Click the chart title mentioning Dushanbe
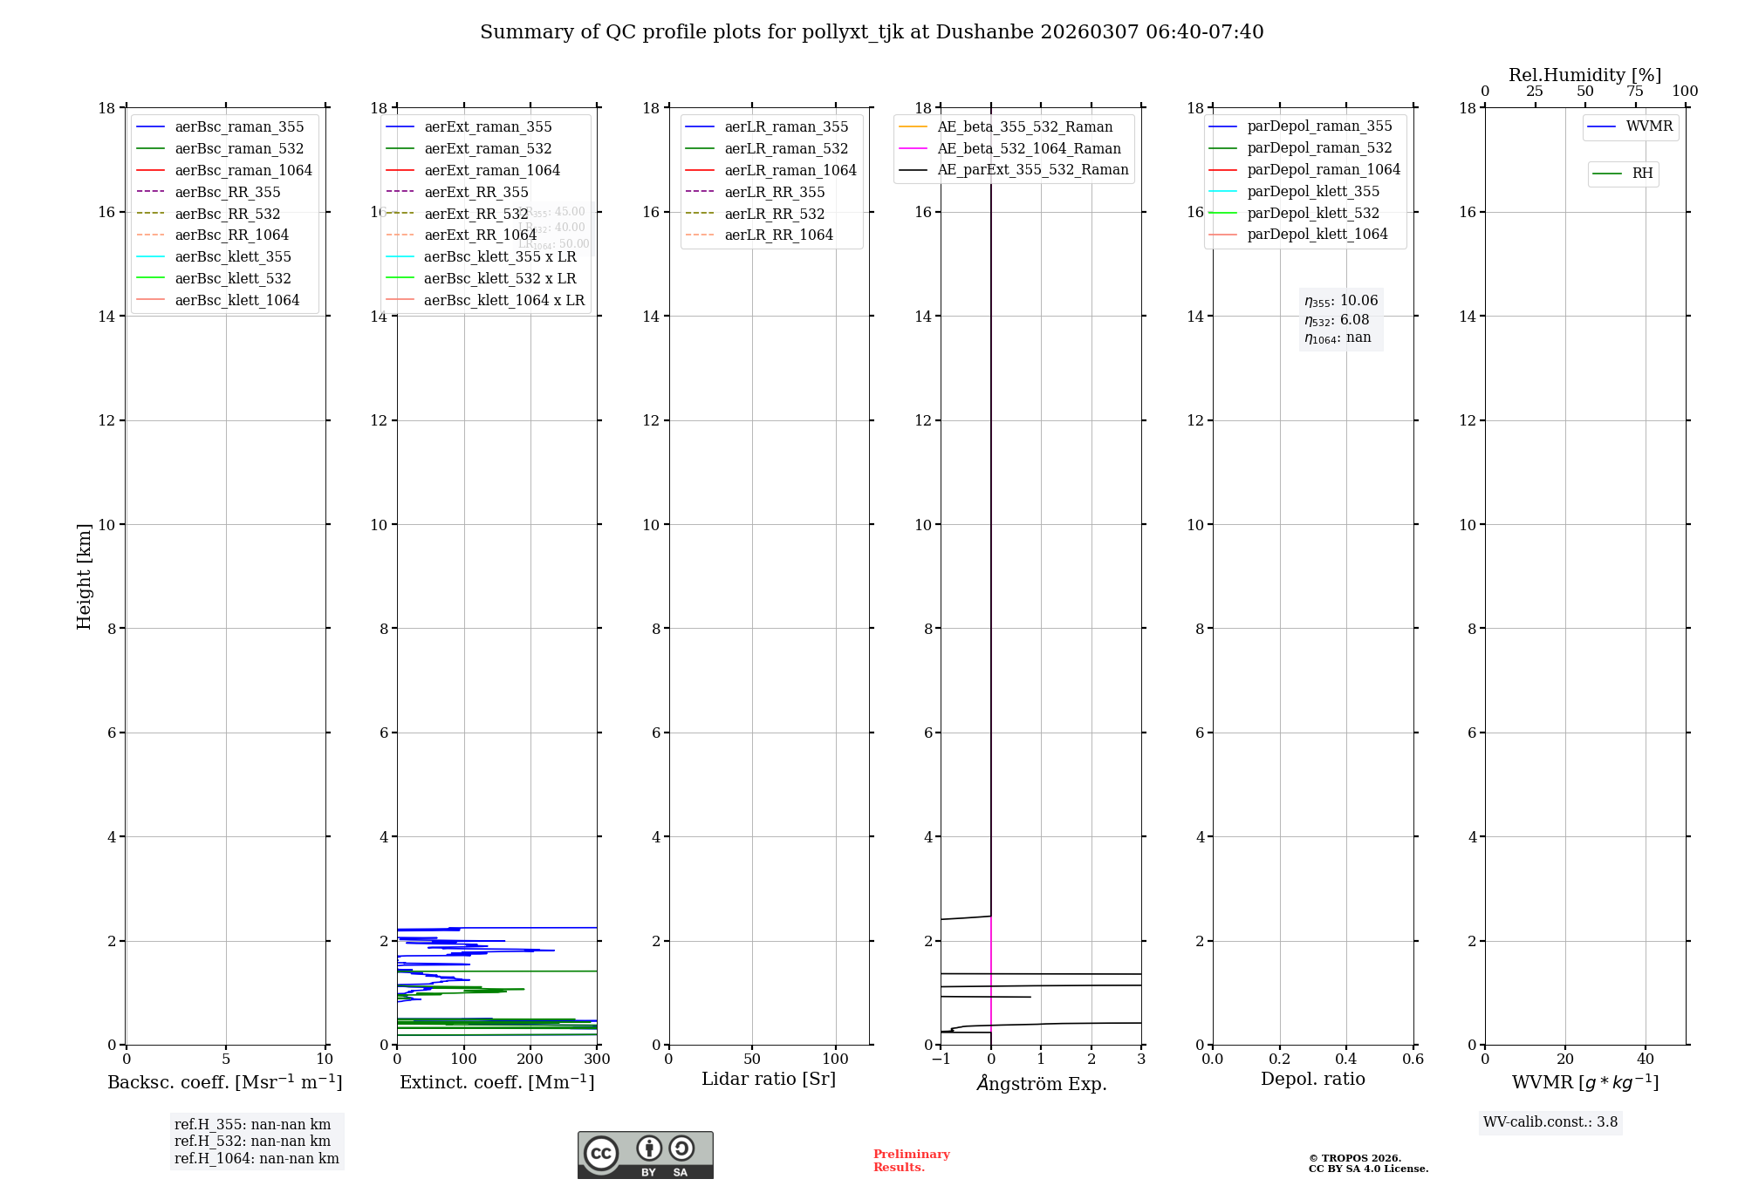pyautogui.click(x=872, y=32)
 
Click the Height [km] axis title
pyautogui.click(x=84, y=576)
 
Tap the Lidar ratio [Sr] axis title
pyautogui.click(x=769, y=1079)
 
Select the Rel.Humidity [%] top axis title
pyautogui.click(x=1584, y=75)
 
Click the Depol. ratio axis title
pyautogui.click(x=1312, y=1079)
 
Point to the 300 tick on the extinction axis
pyautogui.click(x=597, y=1060)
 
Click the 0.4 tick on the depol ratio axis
pyautogui.click(x=1346, y=1060)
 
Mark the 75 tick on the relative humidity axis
pyautogui.click(x=1635, y=92)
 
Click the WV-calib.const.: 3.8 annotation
pyautogui.click(x=1550, y=1122)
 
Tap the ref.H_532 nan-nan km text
pyautogui.click(x=252, y=1142)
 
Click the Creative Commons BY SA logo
pyautogui.click(x=645, y=1155)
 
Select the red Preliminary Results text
pyautogui.click(x=911, y=1161)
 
